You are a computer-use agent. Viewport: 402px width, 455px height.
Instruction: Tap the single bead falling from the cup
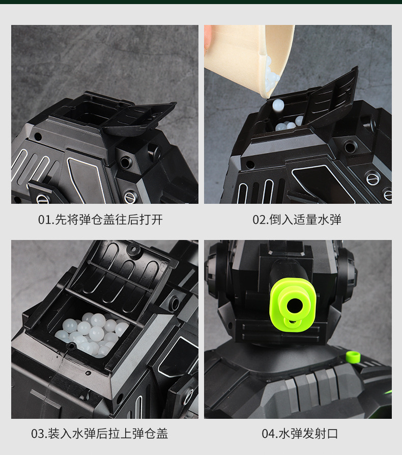pos(278,104)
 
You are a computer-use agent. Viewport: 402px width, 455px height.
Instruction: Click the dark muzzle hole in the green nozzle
pos(295,305)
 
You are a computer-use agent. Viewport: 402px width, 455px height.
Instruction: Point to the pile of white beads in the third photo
pos(92,334)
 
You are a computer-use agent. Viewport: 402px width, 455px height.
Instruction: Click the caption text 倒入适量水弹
pos(305,220)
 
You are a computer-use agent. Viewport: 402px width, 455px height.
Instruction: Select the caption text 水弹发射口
pos(308,434)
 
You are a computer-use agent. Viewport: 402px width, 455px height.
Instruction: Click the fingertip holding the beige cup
pos(208,38)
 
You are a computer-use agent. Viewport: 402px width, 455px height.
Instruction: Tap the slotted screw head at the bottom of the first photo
pos(131,197)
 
